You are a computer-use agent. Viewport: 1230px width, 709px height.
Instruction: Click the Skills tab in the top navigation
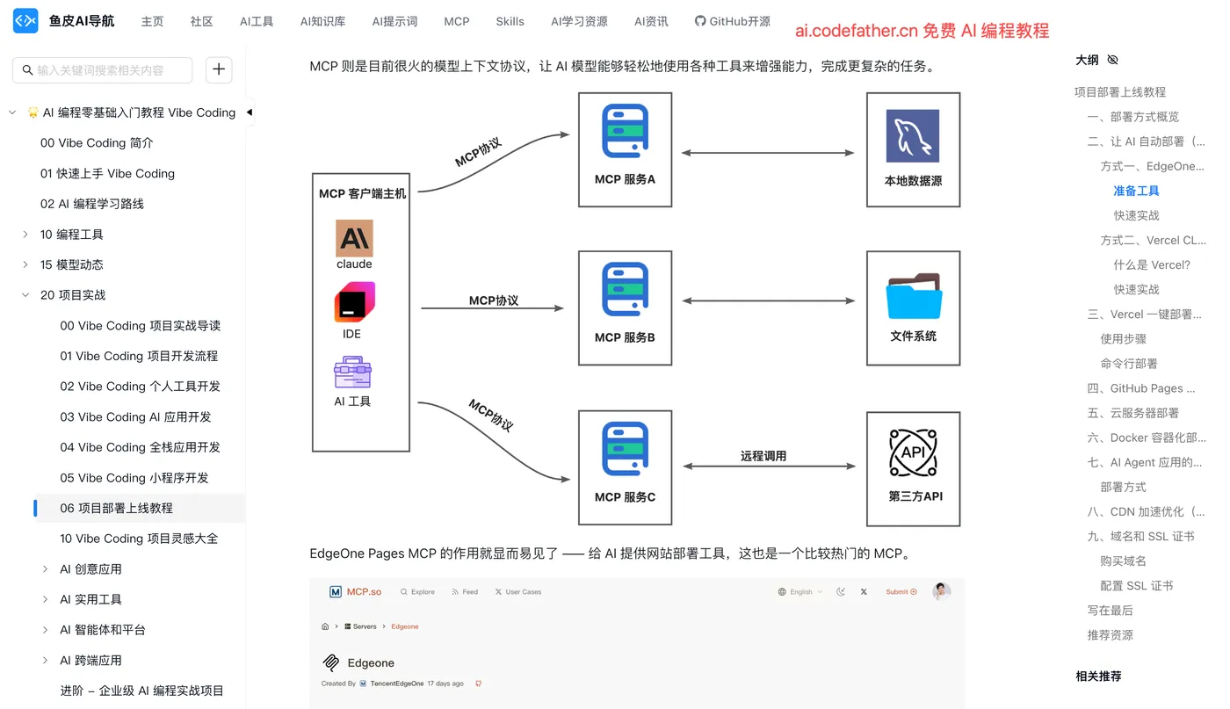click(x=510, y=21)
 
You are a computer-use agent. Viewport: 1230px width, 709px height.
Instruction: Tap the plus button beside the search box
click(x=219, y=69)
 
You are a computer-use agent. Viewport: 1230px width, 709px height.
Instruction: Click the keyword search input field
click(x=102, y=70)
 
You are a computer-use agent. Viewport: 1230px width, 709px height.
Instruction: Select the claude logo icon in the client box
click(x=354, y=238)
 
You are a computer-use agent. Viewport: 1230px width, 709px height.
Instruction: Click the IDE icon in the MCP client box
click(x=354, y=301)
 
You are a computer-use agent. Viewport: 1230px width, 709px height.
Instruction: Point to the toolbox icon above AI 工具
click(x=352, y=373)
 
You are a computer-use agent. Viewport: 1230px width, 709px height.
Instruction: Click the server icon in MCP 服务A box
click(x=625, y=131)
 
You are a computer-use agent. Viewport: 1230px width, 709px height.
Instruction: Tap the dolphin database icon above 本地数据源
click(x=913, y=135)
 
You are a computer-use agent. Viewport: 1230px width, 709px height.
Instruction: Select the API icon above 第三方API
click(x=913, y=452)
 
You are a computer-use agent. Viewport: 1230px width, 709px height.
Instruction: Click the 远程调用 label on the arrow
click(x=763, y=456)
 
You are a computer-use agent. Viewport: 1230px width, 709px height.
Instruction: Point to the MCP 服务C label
click(x=625, y=497)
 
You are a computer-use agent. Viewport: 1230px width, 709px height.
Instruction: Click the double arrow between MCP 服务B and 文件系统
click(x=768, y=301)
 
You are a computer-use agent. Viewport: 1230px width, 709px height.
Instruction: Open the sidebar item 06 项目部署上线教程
click(x=116, y=508)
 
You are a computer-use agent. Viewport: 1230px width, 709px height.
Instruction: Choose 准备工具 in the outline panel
click(x=1136, y=191)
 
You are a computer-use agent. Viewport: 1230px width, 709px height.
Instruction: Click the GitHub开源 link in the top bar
click(x=733, y=21)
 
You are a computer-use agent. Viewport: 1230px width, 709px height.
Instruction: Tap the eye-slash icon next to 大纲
click(x=1112, y=60)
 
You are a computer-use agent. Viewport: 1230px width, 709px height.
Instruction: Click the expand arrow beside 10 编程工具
click(x=25, y=235)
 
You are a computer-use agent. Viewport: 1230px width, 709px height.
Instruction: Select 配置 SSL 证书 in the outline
click(x=1136, y=585)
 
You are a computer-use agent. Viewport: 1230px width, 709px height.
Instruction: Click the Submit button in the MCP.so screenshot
click(x=901, y=591)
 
